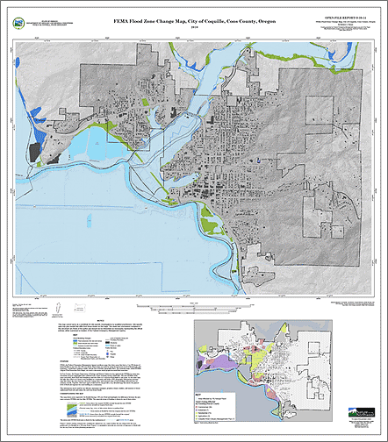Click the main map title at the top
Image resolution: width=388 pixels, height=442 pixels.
pos(194,18)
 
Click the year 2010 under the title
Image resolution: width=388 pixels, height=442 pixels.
pos(194,26)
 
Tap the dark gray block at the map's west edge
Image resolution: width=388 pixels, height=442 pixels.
pos(35,152)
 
